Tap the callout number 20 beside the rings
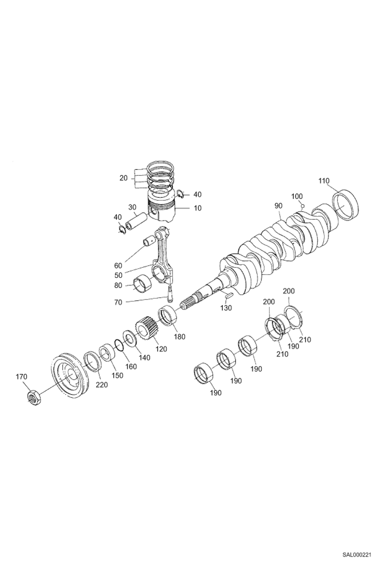coord(123,178)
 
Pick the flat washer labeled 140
coord(131,338)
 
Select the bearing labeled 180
coord(168,316)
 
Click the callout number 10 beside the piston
coord(197,208)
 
